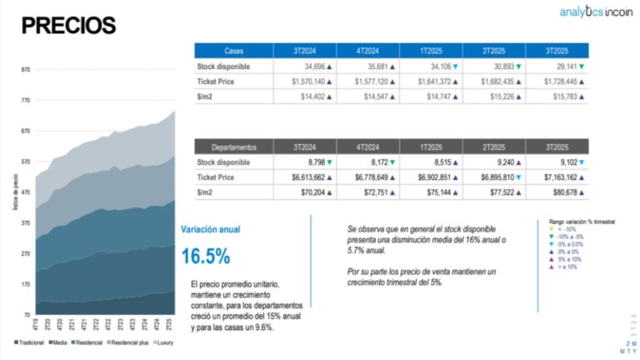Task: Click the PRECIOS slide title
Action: point(68,25)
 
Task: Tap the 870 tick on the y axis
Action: point(25,70)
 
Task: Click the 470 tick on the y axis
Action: point(25,192)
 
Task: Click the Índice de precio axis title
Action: point(14,191)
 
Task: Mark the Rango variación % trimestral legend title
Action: point(582,222)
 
